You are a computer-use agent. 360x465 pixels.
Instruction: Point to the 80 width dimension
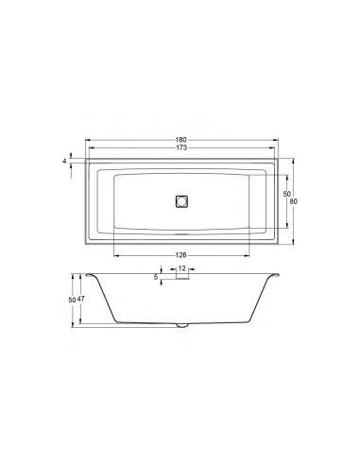(295, 201)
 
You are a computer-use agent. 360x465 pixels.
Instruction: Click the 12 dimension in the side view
(181, 268)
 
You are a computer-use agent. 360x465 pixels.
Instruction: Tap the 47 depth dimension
(82, 299)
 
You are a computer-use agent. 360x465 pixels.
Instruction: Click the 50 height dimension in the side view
(71, 299)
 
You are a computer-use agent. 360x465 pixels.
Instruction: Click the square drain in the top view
(181, 200)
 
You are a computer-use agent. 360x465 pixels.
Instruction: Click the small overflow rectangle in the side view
(181, 278)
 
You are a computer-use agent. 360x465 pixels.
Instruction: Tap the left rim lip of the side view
(90, 275)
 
